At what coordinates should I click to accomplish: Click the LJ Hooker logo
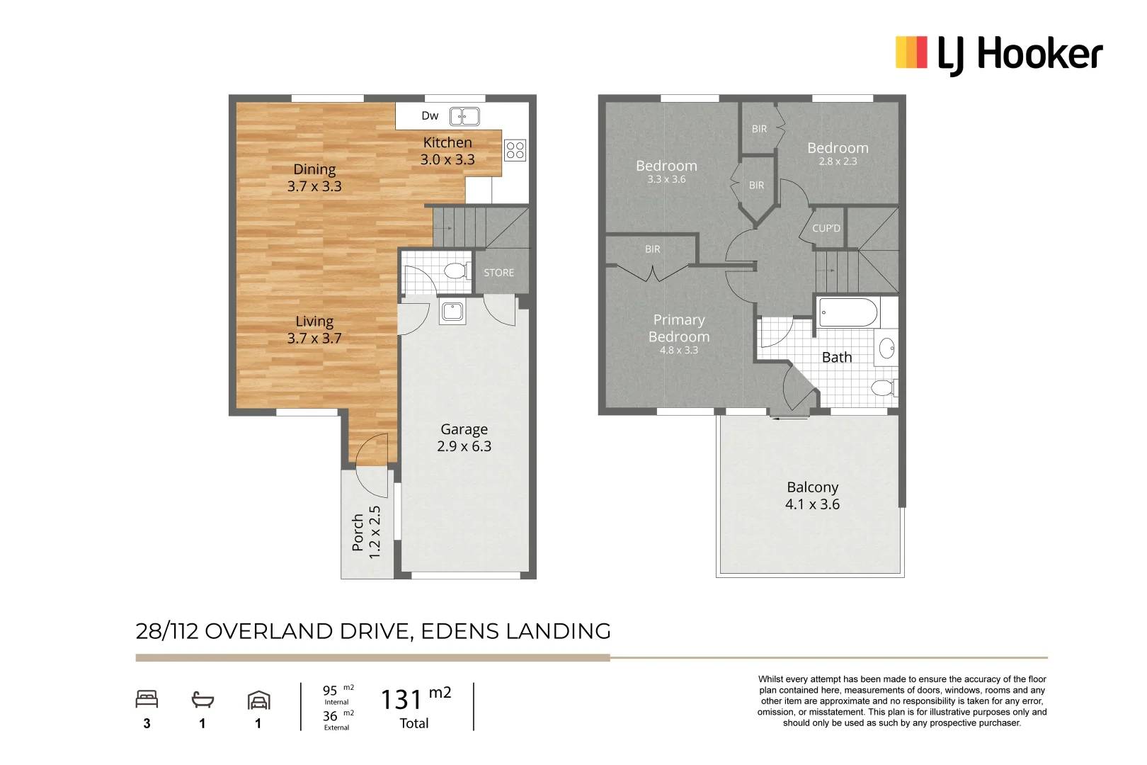point(998,54)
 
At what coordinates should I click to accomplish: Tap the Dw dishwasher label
point(430,116)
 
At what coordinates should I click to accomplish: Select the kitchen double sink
point(464,116)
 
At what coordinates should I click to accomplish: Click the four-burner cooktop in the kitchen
point(515,150)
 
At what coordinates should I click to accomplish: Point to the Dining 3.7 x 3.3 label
point(314,178)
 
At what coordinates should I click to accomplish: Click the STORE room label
point(498,273)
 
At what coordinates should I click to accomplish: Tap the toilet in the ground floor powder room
point(455,271)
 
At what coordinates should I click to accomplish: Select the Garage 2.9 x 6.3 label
point(464,438)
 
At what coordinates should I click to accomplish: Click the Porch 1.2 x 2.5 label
point(367,532)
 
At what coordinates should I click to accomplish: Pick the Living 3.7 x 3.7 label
point(314,330)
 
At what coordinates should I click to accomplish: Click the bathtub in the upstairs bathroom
point(848,312)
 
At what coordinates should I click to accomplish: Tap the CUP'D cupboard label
point(826,229)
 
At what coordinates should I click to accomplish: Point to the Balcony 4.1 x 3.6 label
point(812,496)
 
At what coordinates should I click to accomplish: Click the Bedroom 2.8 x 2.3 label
point(838,153)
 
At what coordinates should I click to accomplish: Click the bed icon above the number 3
point(147,700)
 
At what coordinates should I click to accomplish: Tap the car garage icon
point(258,701)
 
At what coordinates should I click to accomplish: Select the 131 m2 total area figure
point(416,699)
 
